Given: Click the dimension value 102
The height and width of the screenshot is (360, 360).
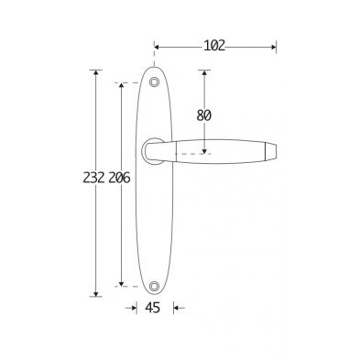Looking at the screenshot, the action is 214,46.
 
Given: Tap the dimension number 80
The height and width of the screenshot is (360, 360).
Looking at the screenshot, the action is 203,115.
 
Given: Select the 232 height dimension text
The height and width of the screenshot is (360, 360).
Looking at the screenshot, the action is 94,178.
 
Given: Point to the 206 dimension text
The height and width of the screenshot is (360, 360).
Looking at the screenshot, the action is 119,178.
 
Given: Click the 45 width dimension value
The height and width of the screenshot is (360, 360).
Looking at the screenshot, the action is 152,308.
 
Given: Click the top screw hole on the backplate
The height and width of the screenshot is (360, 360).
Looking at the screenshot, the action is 154,82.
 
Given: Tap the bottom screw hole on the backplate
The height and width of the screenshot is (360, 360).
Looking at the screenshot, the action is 154,286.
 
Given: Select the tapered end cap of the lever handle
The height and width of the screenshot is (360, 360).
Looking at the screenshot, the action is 270,151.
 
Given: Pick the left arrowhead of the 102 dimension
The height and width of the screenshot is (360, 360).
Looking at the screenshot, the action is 157,47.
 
